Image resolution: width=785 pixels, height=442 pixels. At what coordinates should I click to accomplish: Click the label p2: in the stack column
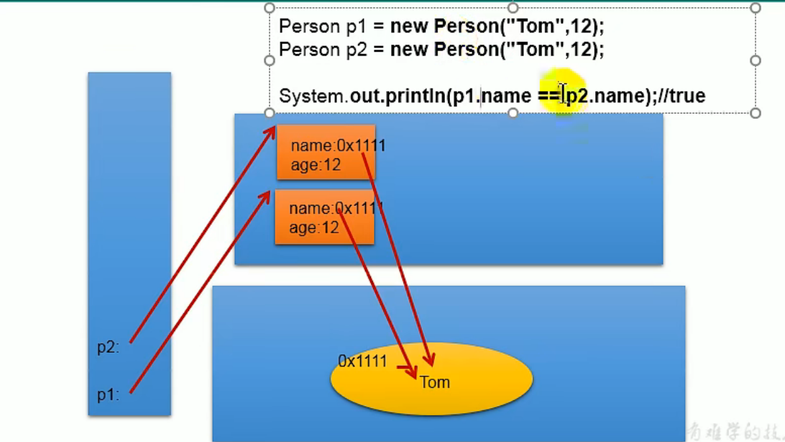click(x=108, y=347)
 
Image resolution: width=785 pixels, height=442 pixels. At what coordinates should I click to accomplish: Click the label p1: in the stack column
click(x=108, y=394)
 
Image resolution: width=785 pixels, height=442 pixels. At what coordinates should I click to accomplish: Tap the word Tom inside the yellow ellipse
click(x=435, y=382)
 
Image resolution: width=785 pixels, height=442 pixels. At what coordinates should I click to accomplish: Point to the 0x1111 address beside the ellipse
click(x=363, y=361)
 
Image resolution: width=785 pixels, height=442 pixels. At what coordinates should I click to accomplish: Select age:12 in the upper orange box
click(x=316, y=165)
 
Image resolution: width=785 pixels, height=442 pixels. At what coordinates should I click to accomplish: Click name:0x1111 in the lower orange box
click(x=336, y=209)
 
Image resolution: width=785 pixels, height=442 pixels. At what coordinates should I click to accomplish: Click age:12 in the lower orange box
click(x=313, y=227)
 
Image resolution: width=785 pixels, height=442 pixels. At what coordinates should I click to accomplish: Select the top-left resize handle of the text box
click(x=270, y=8)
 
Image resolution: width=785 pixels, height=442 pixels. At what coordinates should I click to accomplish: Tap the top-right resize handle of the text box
click(x=756, y=8)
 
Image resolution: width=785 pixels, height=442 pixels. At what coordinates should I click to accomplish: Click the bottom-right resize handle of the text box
click(x=756, y=113)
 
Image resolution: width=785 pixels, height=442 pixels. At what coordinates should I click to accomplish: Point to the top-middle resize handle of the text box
click(x=513, y=8)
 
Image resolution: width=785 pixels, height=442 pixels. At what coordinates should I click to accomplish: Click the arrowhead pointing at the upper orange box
click(x=272, y=130)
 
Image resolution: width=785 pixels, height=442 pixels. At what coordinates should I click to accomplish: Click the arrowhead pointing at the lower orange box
click(x=267, y=194)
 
